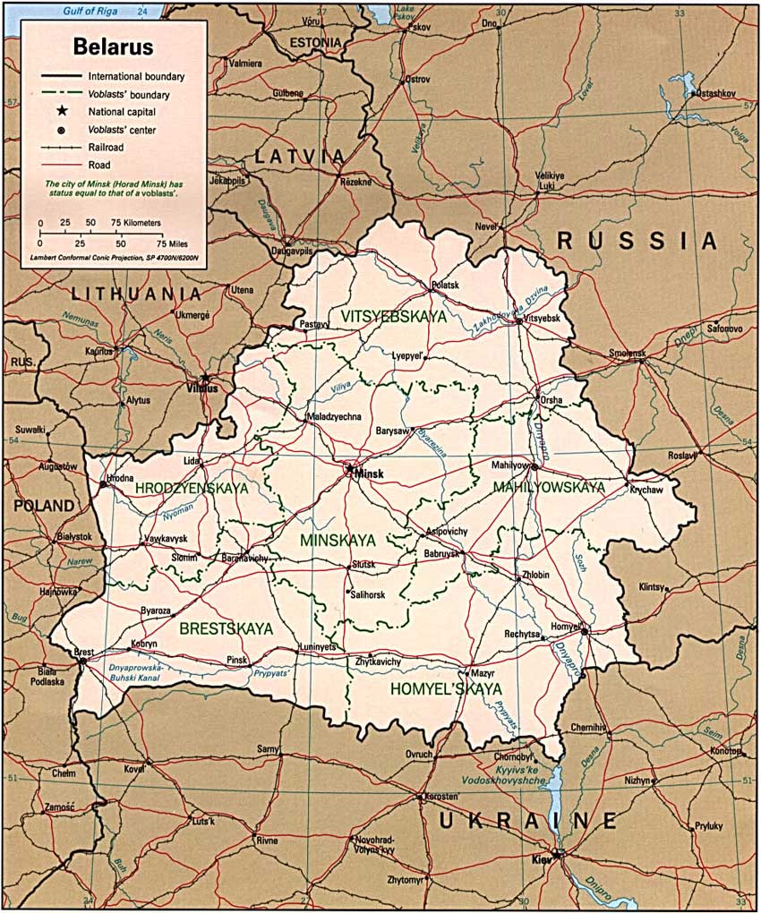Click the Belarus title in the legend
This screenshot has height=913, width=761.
[x=113, y=47]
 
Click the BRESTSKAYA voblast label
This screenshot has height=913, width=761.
[x=226, y=629]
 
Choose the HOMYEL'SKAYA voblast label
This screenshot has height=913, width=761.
[x=445, y=689]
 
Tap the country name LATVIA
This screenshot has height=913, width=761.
[x=300, y=157]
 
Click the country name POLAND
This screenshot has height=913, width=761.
[x=44, y=506]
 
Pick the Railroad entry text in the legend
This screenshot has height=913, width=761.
[x=107, y=147]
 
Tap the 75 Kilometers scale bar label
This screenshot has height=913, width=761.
[x=135, y=222]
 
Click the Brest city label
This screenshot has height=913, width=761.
[x=83, y=653]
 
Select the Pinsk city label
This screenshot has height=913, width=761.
[x=236, y=660]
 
